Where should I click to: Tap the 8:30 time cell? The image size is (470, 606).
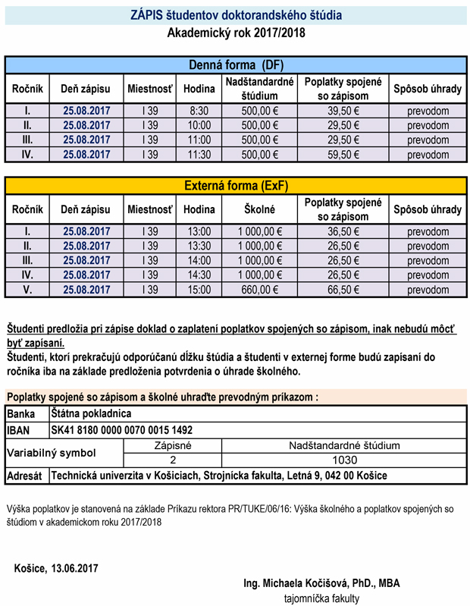coord(199,111)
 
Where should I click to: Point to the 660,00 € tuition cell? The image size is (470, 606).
coord(259,290)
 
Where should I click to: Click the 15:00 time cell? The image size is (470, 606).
coord(199,290)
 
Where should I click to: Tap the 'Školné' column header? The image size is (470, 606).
coord(259,209)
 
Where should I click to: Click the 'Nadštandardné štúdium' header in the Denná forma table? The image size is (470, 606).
coord(259,89)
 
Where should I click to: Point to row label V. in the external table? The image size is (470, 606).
coord(28,290)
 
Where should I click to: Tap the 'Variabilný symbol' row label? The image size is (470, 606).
coord(52,453)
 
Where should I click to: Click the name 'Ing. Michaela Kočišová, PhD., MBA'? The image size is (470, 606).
coord(321,583)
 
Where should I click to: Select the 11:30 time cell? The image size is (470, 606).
coord(199,154)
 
